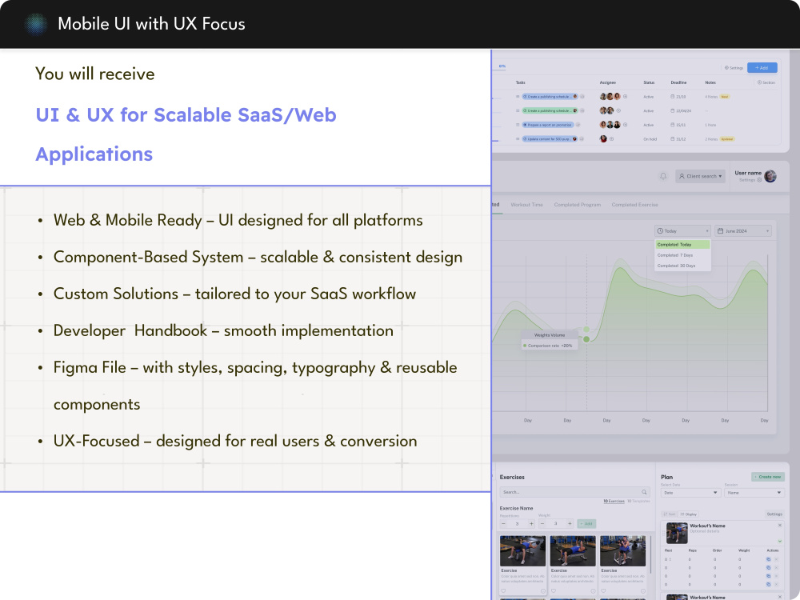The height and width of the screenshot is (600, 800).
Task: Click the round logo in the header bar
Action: (x=35, y=24)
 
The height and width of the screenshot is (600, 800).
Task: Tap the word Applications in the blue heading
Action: (x=94, y=154)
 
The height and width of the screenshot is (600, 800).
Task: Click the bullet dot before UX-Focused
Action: (x=40, y=442)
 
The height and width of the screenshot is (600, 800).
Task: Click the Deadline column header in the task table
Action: (x=679, y=82)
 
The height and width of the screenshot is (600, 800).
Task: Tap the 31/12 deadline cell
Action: (x=679, y=138)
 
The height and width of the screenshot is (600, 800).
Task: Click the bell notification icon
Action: (x=662, y=176)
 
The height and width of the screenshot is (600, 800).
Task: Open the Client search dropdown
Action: (x=700, y=176)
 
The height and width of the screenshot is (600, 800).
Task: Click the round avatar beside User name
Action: (x=770, y=176)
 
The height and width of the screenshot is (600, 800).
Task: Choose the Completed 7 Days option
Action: (x=676, y=255)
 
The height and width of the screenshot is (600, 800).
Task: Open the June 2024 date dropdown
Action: (x=743, y=230)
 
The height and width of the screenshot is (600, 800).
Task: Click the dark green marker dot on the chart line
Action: (x=586, y=339)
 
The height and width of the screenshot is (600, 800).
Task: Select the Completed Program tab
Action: (x=578, y=205)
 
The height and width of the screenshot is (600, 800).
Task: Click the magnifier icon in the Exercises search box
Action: (x=644, y=492)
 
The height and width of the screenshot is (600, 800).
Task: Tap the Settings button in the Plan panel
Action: (x=774, y=514)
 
